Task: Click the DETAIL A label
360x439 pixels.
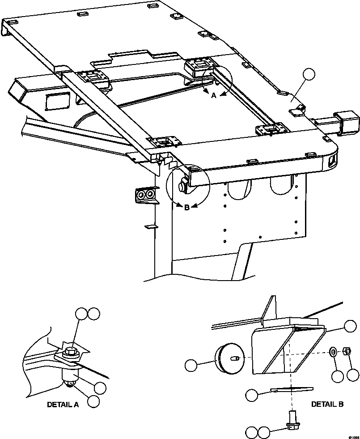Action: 63,405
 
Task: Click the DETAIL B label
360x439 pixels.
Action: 327,404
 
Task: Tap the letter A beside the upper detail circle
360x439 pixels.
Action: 213,95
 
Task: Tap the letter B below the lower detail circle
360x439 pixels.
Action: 186,207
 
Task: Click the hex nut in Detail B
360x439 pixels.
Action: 346,351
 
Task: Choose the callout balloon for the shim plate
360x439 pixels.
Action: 252,394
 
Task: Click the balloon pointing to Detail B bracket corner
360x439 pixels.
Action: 350,326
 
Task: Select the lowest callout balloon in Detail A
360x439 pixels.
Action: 93,401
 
